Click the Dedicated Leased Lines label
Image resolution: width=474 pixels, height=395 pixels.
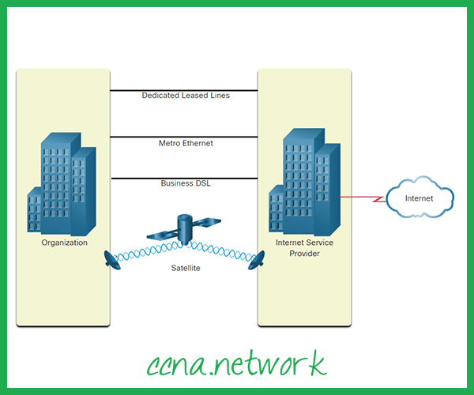[185, 96]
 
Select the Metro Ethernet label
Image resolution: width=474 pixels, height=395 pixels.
[186, 143]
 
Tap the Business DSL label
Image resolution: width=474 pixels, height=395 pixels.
[186, 183]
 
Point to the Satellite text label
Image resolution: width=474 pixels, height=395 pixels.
[186, 269]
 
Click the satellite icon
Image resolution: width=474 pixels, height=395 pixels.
[185, 228]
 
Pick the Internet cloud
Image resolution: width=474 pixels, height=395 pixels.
[419, 197]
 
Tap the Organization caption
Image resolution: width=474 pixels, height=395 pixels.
[65, 243]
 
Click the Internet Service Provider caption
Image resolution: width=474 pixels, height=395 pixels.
[304, 248]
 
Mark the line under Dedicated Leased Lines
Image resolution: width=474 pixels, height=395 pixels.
[185, 90]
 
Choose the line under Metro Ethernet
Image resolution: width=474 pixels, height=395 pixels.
[185, 137]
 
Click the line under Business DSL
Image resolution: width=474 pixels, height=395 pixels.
[185, 178]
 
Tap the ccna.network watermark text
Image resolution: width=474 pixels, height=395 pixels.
[236, 364]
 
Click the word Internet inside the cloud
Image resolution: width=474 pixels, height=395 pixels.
[419, 198]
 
